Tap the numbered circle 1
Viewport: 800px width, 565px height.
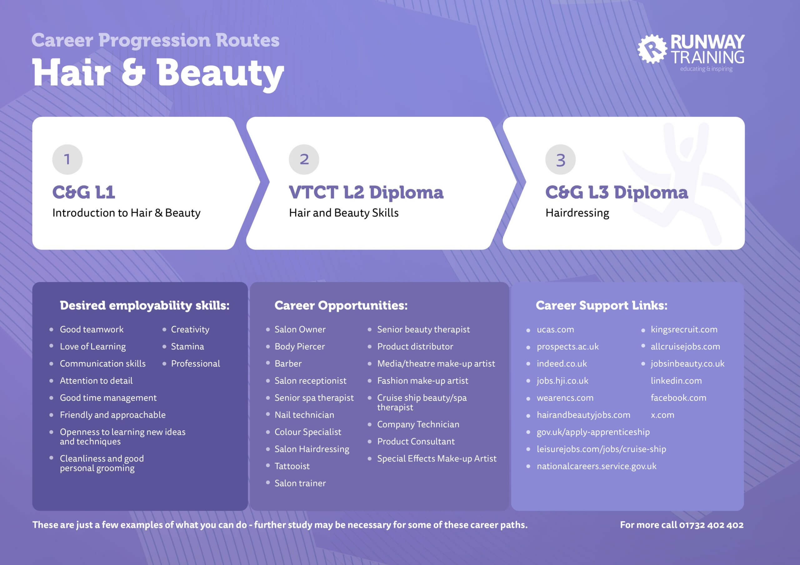pyautogui.click(x=67, y=160)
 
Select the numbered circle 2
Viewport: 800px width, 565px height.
pyautogui.click(x=304, y=160)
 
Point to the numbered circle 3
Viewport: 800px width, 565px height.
pyautogui.click(x=561, y=160)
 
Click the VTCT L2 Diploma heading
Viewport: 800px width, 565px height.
pyautogui.click(x=366, y=192)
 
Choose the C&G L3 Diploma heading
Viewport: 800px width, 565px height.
pyautogui.click(x=617, y=192)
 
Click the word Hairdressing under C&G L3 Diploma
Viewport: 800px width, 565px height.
pyautogui.click(x=577, y=213)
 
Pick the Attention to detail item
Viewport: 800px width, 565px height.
pyautogui.click(x=96, y=381)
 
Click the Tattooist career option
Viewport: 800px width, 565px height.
pyautogui.click(x=292, y=466)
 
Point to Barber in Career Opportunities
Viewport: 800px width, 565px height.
pyautogui.click(x=288, y=364)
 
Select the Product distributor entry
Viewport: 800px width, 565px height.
pyautogui.click(x=415, y=347)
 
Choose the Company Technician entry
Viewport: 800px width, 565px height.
pyautogui.click(x=418, y=424)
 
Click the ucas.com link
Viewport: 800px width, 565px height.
pyautogui.click(x=555, y=330)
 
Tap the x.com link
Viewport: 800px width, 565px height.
pyautogui.click(x=662, y=415)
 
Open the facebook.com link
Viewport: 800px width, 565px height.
pyautogui.click(x=678, y=398)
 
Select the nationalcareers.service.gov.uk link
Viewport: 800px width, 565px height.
pyautogui.click(x=597, y=466)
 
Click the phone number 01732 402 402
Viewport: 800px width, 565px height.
pyautogui.click(x=711, y=525)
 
